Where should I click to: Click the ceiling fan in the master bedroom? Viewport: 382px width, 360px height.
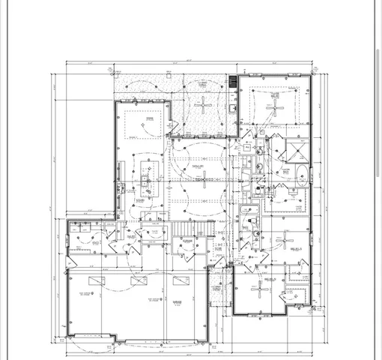click(274, 106)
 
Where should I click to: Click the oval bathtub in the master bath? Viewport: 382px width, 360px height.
click(303, 178)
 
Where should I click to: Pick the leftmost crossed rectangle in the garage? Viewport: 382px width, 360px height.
click(96, 280)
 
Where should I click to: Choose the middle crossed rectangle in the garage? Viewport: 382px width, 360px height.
click(139, 280)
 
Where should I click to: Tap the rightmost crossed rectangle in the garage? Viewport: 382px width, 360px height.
click(181, 280)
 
